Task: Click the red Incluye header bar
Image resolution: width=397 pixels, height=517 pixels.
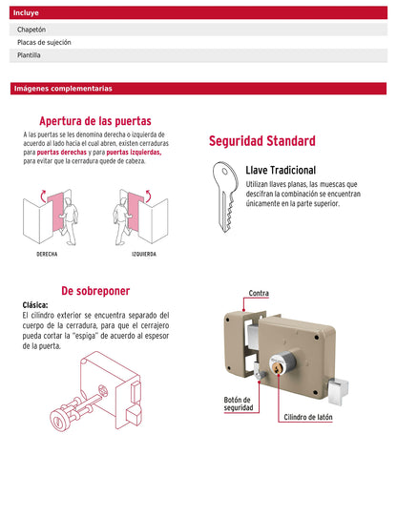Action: tap(198, 14)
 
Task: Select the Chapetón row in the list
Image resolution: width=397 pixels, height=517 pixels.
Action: tap(198, 31)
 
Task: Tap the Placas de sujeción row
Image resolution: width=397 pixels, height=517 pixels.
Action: tap(198, 43)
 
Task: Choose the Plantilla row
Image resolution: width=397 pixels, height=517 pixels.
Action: tap(198, 55)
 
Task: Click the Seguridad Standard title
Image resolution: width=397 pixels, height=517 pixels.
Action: tap(261, 141)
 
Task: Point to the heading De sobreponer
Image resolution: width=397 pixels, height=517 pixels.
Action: tap(95, 291)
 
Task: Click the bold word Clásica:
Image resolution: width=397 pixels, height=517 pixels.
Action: tap(35, 305)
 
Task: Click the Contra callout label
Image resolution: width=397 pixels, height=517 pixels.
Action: tap(258, 293)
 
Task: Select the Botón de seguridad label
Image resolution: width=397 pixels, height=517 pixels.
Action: tap(238, 403)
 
